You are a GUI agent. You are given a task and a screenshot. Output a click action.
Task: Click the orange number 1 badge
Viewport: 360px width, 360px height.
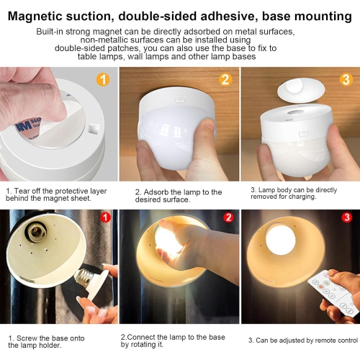pyautogui.click(x=102, y=79)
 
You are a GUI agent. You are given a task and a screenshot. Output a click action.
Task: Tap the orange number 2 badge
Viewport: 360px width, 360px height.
pyautogui.click(x=225, y=79)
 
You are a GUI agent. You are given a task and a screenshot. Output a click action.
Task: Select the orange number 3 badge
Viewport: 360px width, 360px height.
pyautogui.click(x=346, y=79)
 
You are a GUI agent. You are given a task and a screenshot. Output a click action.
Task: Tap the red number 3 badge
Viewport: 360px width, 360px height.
pyautogui.click(x=346, y=217)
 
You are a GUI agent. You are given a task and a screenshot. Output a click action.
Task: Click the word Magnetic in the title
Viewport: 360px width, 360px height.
pyautogui.click(x=42, y=15)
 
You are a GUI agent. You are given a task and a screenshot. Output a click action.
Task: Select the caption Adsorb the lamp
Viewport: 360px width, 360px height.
pyautogui.click(x=179, y=192)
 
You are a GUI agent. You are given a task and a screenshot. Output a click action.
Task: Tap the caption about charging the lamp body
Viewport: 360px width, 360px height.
pyautogui.click(x=300, y=192)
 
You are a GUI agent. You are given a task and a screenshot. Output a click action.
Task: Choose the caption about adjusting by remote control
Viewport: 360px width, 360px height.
pyautogui.click(x=302, y=339)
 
